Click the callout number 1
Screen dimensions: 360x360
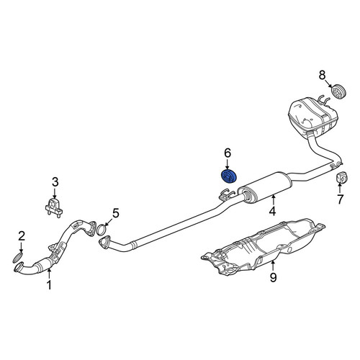point(49,285)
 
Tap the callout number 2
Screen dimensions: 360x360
point(22,236)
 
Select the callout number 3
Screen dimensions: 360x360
point(55,182)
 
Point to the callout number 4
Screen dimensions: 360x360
point(272,212)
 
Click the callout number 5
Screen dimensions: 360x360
point(116,213)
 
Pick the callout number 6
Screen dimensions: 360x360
point(228,153)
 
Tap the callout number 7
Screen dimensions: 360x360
point(340,199)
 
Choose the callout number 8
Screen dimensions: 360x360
point(323,76)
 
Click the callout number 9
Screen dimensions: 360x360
point(274,278)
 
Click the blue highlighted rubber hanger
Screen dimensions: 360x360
point(228,176)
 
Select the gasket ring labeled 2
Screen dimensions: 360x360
point(17,258)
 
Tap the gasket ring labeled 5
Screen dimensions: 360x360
point(102,230)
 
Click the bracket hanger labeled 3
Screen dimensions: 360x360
point(54,207)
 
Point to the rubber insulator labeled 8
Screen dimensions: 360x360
point(338,91)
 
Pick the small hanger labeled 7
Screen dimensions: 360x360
point(341,177)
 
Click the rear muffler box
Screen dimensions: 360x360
point(312,117)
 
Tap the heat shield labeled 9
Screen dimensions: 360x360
point(263,246)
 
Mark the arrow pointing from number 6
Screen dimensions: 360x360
point(228,164)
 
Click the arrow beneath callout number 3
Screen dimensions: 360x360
point(55,194)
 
